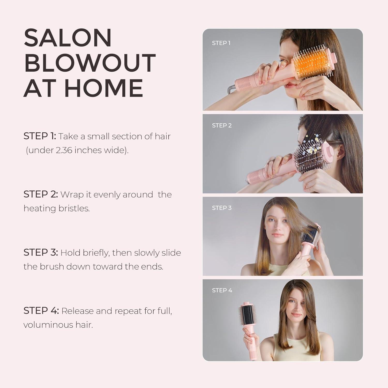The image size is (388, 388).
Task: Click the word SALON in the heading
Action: tap(68, 38)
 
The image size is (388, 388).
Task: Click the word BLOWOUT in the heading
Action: tap(90, 63)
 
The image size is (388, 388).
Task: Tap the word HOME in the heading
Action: tap(103, 88)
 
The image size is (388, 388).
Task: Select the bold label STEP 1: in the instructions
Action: tap(40, 136)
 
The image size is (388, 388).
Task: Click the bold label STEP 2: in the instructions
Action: tap(41, 194)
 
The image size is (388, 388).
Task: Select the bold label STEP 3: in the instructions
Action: tap(41, 252)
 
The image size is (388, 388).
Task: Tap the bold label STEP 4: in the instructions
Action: tap(41, 311)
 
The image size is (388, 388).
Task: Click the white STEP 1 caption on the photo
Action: tap(221, 43)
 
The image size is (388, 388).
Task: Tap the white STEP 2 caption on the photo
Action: tap(222, 125)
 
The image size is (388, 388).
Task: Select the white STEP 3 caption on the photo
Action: tap(222, 208)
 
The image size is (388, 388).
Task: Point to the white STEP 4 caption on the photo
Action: tap(222, 290)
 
